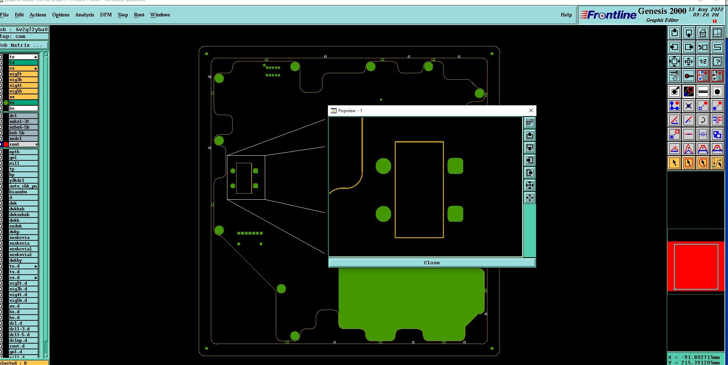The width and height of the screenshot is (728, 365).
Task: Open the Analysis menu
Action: coord(84,15)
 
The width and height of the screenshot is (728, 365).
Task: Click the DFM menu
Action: coord(106,15)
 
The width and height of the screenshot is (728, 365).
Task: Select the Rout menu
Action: coord(139,15)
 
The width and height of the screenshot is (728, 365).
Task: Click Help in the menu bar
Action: coord(566,15)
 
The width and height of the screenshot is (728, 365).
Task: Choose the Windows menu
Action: coord(160,15)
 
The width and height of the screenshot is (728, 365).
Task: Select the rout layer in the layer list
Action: coord(21,144)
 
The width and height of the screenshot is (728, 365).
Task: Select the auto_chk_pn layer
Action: coord(23,186)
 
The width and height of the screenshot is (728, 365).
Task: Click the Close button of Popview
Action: coord(432,262)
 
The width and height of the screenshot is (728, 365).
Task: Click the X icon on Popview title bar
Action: coord(531,110)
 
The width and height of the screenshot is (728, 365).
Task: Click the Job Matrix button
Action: coord(24,45)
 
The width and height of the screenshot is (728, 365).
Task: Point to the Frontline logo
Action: coord(608,15)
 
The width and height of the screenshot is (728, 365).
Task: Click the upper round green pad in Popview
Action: coord(383,166)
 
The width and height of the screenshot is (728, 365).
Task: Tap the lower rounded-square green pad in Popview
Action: coord(455,214)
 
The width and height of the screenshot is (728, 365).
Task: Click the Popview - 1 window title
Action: coord(350,111)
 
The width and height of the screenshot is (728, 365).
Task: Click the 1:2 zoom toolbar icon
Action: coord(703,61)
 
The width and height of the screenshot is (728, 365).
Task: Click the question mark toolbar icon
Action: coord(717,61)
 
